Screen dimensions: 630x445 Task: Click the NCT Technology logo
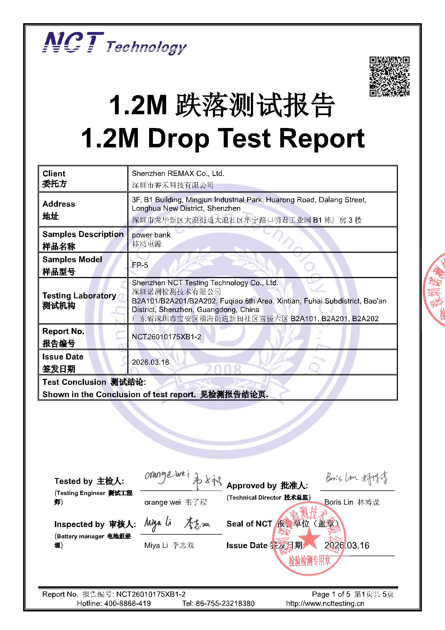(x=115, y=43)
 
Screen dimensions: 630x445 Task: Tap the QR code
(x=389, y=76)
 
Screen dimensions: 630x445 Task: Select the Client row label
(x=54, y=174)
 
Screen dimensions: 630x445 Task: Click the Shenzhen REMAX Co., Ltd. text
(x=178, y=174)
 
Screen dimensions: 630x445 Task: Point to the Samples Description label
(x=83, y=234)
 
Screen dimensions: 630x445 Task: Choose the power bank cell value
(x=151, y=235)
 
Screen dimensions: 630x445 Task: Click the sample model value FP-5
(x=140, y=265)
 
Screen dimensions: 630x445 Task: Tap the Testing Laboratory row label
(x=79, y=296)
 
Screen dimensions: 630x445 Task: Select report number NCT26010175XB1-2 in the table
(x=166, y=337)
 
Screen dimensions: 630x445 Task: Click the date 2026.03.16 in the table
(x=150, y=362)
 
